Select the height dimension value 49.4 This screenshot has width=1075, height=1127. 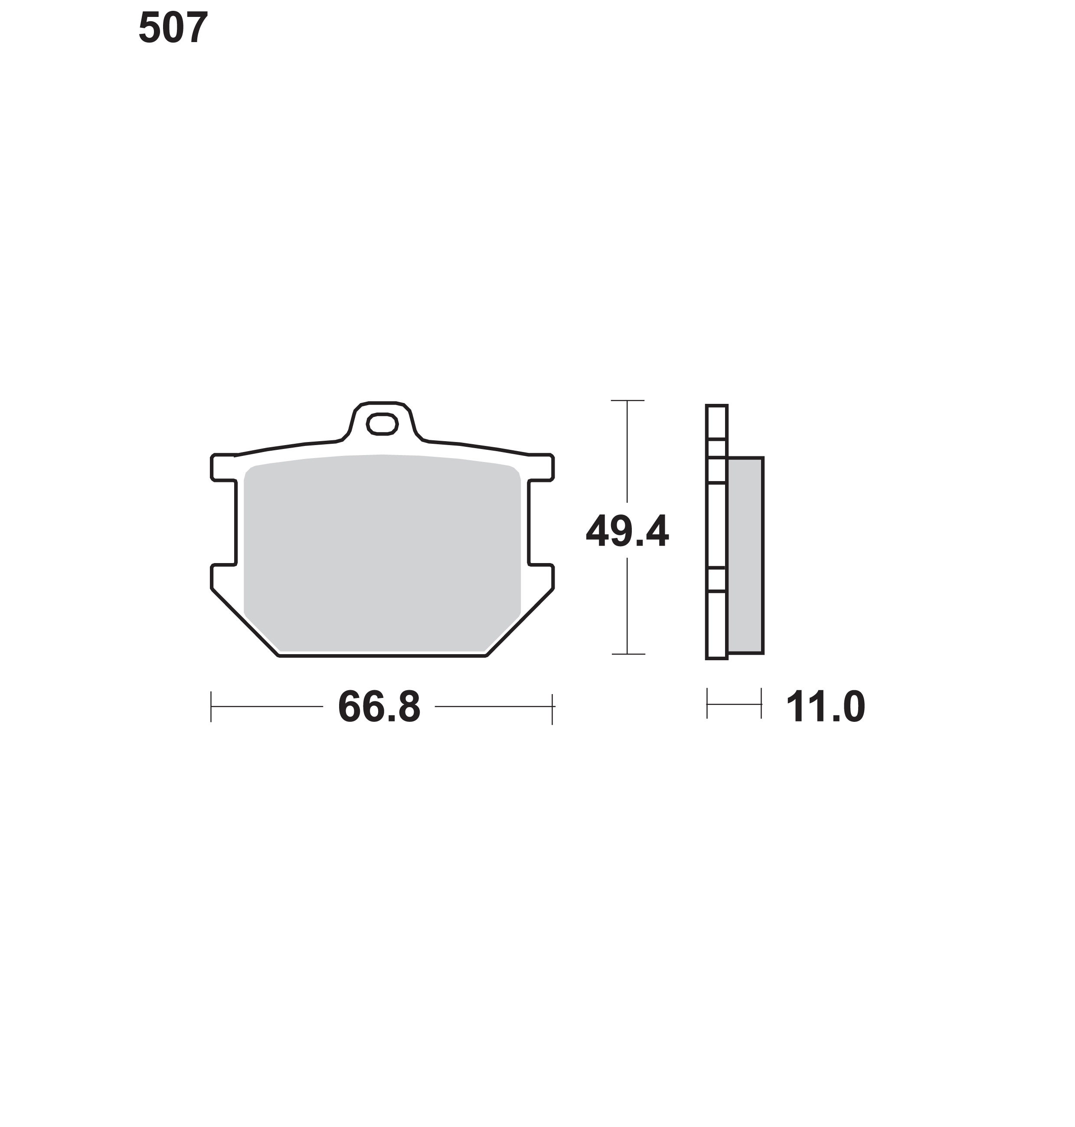coord(627,531)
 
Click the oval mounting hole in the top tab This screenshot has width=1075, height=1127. coord(382,424)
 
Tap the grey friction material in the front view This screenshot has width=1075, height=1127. coord(382,553)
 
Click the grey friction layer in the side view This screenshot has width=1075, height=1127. coord(745,555)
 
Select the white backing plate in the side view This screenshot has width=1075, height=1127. coord(717,532)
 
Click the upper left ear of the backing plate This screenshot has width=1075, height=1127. coord(223,467)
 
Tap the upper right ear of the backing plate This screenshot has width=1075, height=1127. coord(541,467)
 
